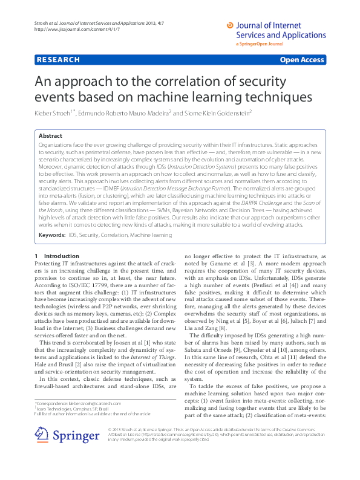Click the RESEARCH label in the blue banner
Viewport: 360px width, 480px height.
58,60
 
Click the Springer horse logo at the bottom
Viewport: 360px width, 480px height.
42,434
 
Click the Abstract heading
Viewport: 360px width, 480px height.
50,137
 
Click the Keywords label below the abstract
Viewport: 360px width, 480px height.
52,233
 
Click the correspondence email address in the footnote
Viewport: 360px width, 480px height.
96,403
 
